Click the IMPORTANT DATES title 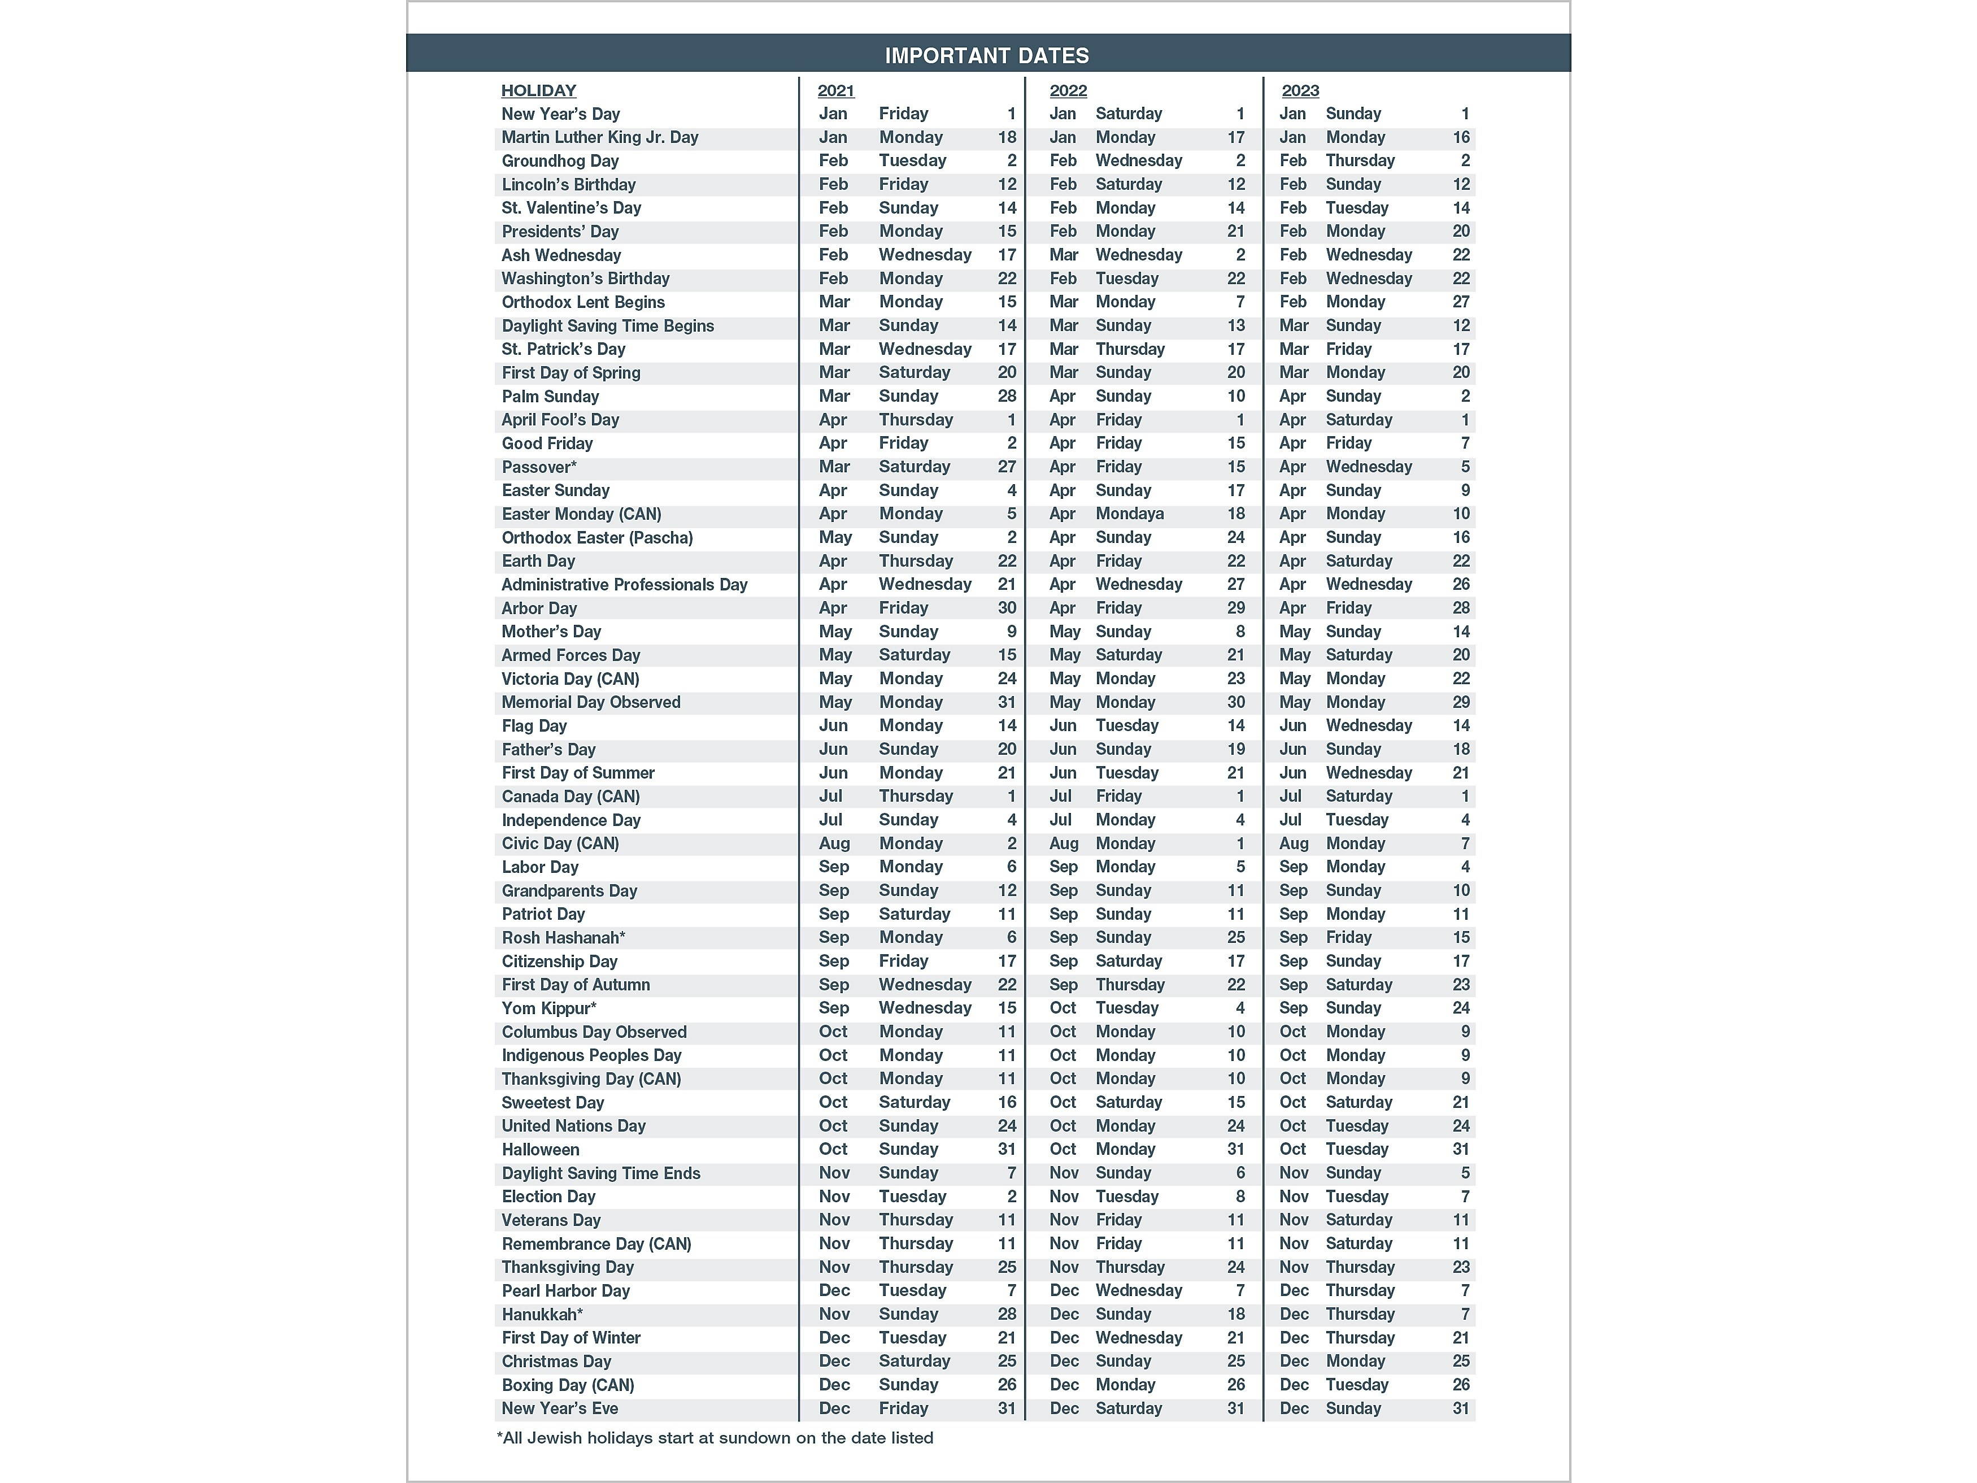[987, 55]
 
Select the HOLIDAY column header [538, 90]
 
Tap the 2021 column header [835, 90]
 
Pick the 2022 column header [1068, 90]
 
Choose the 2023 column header [1300, 90]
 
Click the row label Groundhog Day [560, 161]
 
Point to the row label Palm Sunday [550, 396]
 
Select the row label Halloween [540, 1150]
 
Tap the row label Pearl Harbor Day [565, 1291]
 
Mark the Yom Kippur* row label [549, 1008]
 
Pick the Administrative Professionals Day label [624, 585]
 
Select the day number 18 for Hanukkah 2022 [1235, 1314]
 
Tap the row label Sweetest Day [552, 1102]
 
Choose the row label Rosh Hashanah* [563, 938]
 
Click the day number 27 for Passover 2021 [1007, 467]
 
